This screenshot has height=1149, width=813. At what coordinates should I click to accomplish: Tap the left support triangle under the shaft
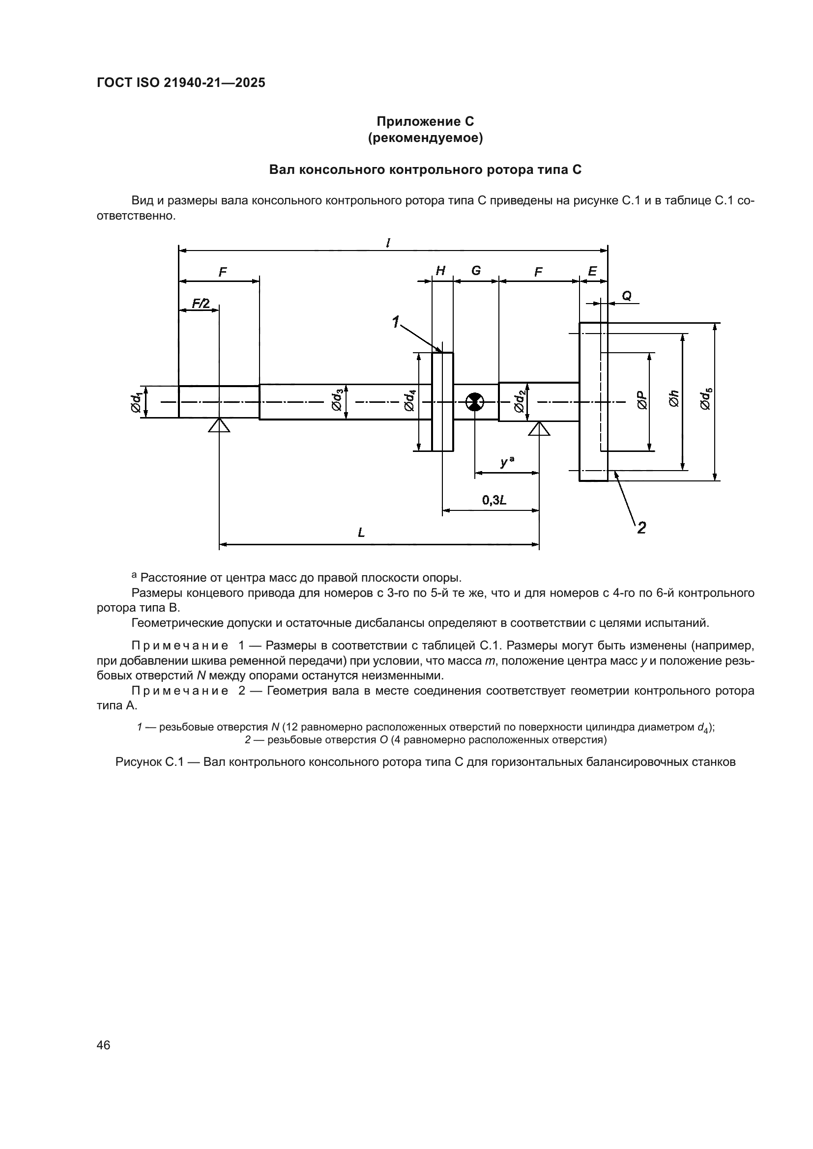(x=219, y=426)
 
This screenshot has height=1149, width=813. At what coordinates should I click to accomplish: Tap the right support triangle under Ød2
(x=539, y=429)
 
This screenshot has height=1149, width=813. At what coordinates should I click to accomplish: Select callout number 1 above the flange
(x=396, y=322)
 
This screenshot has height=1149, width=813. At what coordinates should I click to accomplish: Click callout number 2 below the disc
(x=641, y=527)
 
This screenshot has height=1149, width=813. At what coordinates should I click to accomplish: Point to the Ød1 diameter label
(x=136, y=402)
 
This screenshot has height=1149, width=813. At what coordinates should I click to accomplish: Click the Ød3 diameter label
(x=337, y=400)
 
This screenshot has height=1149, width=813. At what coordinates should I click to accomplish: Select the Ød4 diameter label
(x=409, y=400)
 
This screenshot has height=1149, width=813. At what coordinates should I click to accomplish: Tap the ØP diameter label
(x=642, y=400)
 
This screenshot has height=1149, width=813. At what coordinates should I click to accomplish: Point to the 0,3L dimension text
(x=494, y=500)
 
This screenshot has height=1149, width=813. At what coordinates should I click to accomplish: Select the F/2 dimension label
(x=201, y=303)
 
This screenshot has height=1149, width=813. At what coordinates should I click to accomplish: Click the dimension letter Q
(x=626, y=296)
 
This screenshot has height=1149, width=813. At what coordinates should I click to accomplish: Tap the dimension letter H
(x=440, y=271)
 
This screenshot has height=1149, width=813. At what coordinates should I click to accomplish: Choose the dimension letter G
(x=476, y=271)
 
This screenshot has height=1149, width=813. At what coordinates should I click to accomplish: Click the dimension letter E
(x=592, y=271)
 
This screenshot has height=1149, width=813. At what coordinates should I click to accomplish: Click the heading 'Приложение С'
(x=425, y=122)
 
